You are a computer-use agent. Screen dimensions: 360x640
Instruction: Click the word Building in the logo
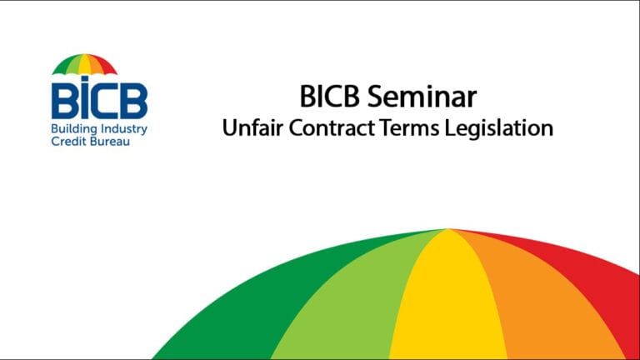click(x=72, y=130)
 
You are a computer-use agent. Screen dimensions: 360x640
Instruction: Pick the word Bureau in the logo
click(x=110, y=142)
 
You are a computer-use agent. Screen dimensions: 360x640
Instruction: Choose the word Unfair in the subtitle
click(x=247, y=129)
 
